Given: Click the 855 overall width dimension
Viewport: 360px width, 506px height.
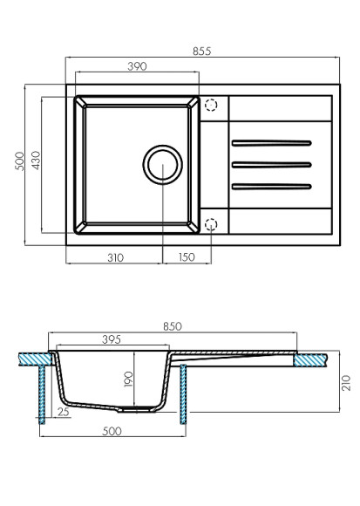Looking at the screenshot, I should click(202, 51).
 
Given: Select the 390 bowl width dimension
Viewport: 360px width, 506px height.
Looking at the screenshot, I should click(137, 66).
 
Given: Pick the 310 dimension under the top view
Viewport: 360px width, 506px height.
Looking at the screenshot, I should click(114, 257).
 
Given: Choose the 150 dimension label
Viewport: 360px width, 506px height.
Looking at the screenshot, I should click(186, 257).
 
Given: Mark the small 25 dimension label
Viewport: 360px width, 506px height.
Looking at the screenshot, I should click(62, 411).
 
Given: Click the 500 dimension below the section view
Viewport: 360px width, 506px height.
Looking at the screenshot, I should click(111, 431).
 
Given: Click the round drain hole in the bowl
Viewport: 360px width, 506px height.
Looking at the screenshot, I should click(161, 164).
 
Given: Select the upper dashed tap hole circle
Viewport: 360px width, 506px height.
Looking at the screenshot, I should click(211, 105).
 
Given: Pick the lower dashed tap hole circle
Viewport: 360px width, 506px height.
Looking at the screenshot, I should click(211, 224).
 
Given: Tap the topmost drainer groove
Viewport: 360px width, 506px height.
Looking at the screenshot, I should click(271, 142).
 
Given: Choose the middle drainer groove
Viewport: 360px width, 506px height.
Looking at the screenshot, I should click(271, 163).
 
